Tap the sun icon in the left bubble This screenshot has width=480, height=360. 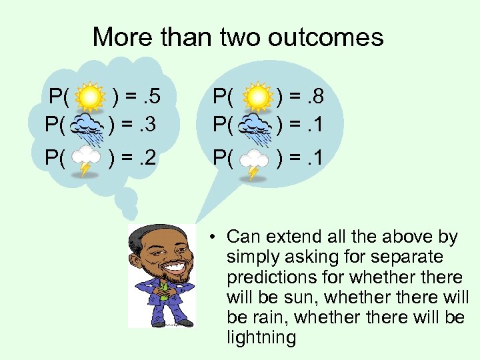tap(89, 98)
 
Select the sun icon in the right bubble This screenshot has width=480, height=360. tap(257, 98)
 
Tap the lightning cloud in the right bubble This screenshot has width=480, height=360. tap(254, 161)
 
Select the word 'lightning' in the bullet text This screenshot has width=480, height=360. tap(261, 337)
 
